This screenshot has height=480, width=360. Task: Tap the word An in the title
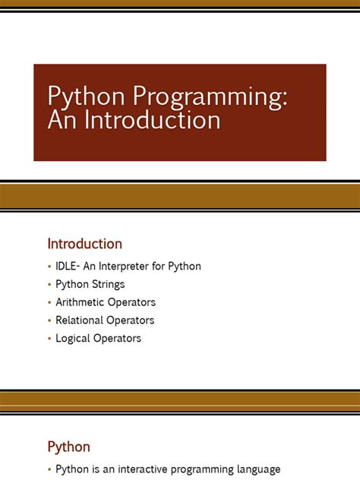[x=61, y=121]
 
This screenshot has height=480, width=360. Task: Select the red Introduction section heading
[x=85, y=244]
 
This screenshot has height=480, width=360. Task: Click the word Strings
[x=108, y=285]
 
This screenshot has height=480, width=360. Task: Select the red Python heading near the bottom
[x=68, y=447]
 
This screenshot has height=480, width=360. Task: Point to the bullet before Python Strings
[x=49, y=285]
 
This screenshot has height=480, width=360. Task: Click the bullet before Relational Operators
[x=49, y=321]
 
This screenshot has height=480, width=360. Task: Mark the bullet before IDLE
[x=49, y=267]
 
